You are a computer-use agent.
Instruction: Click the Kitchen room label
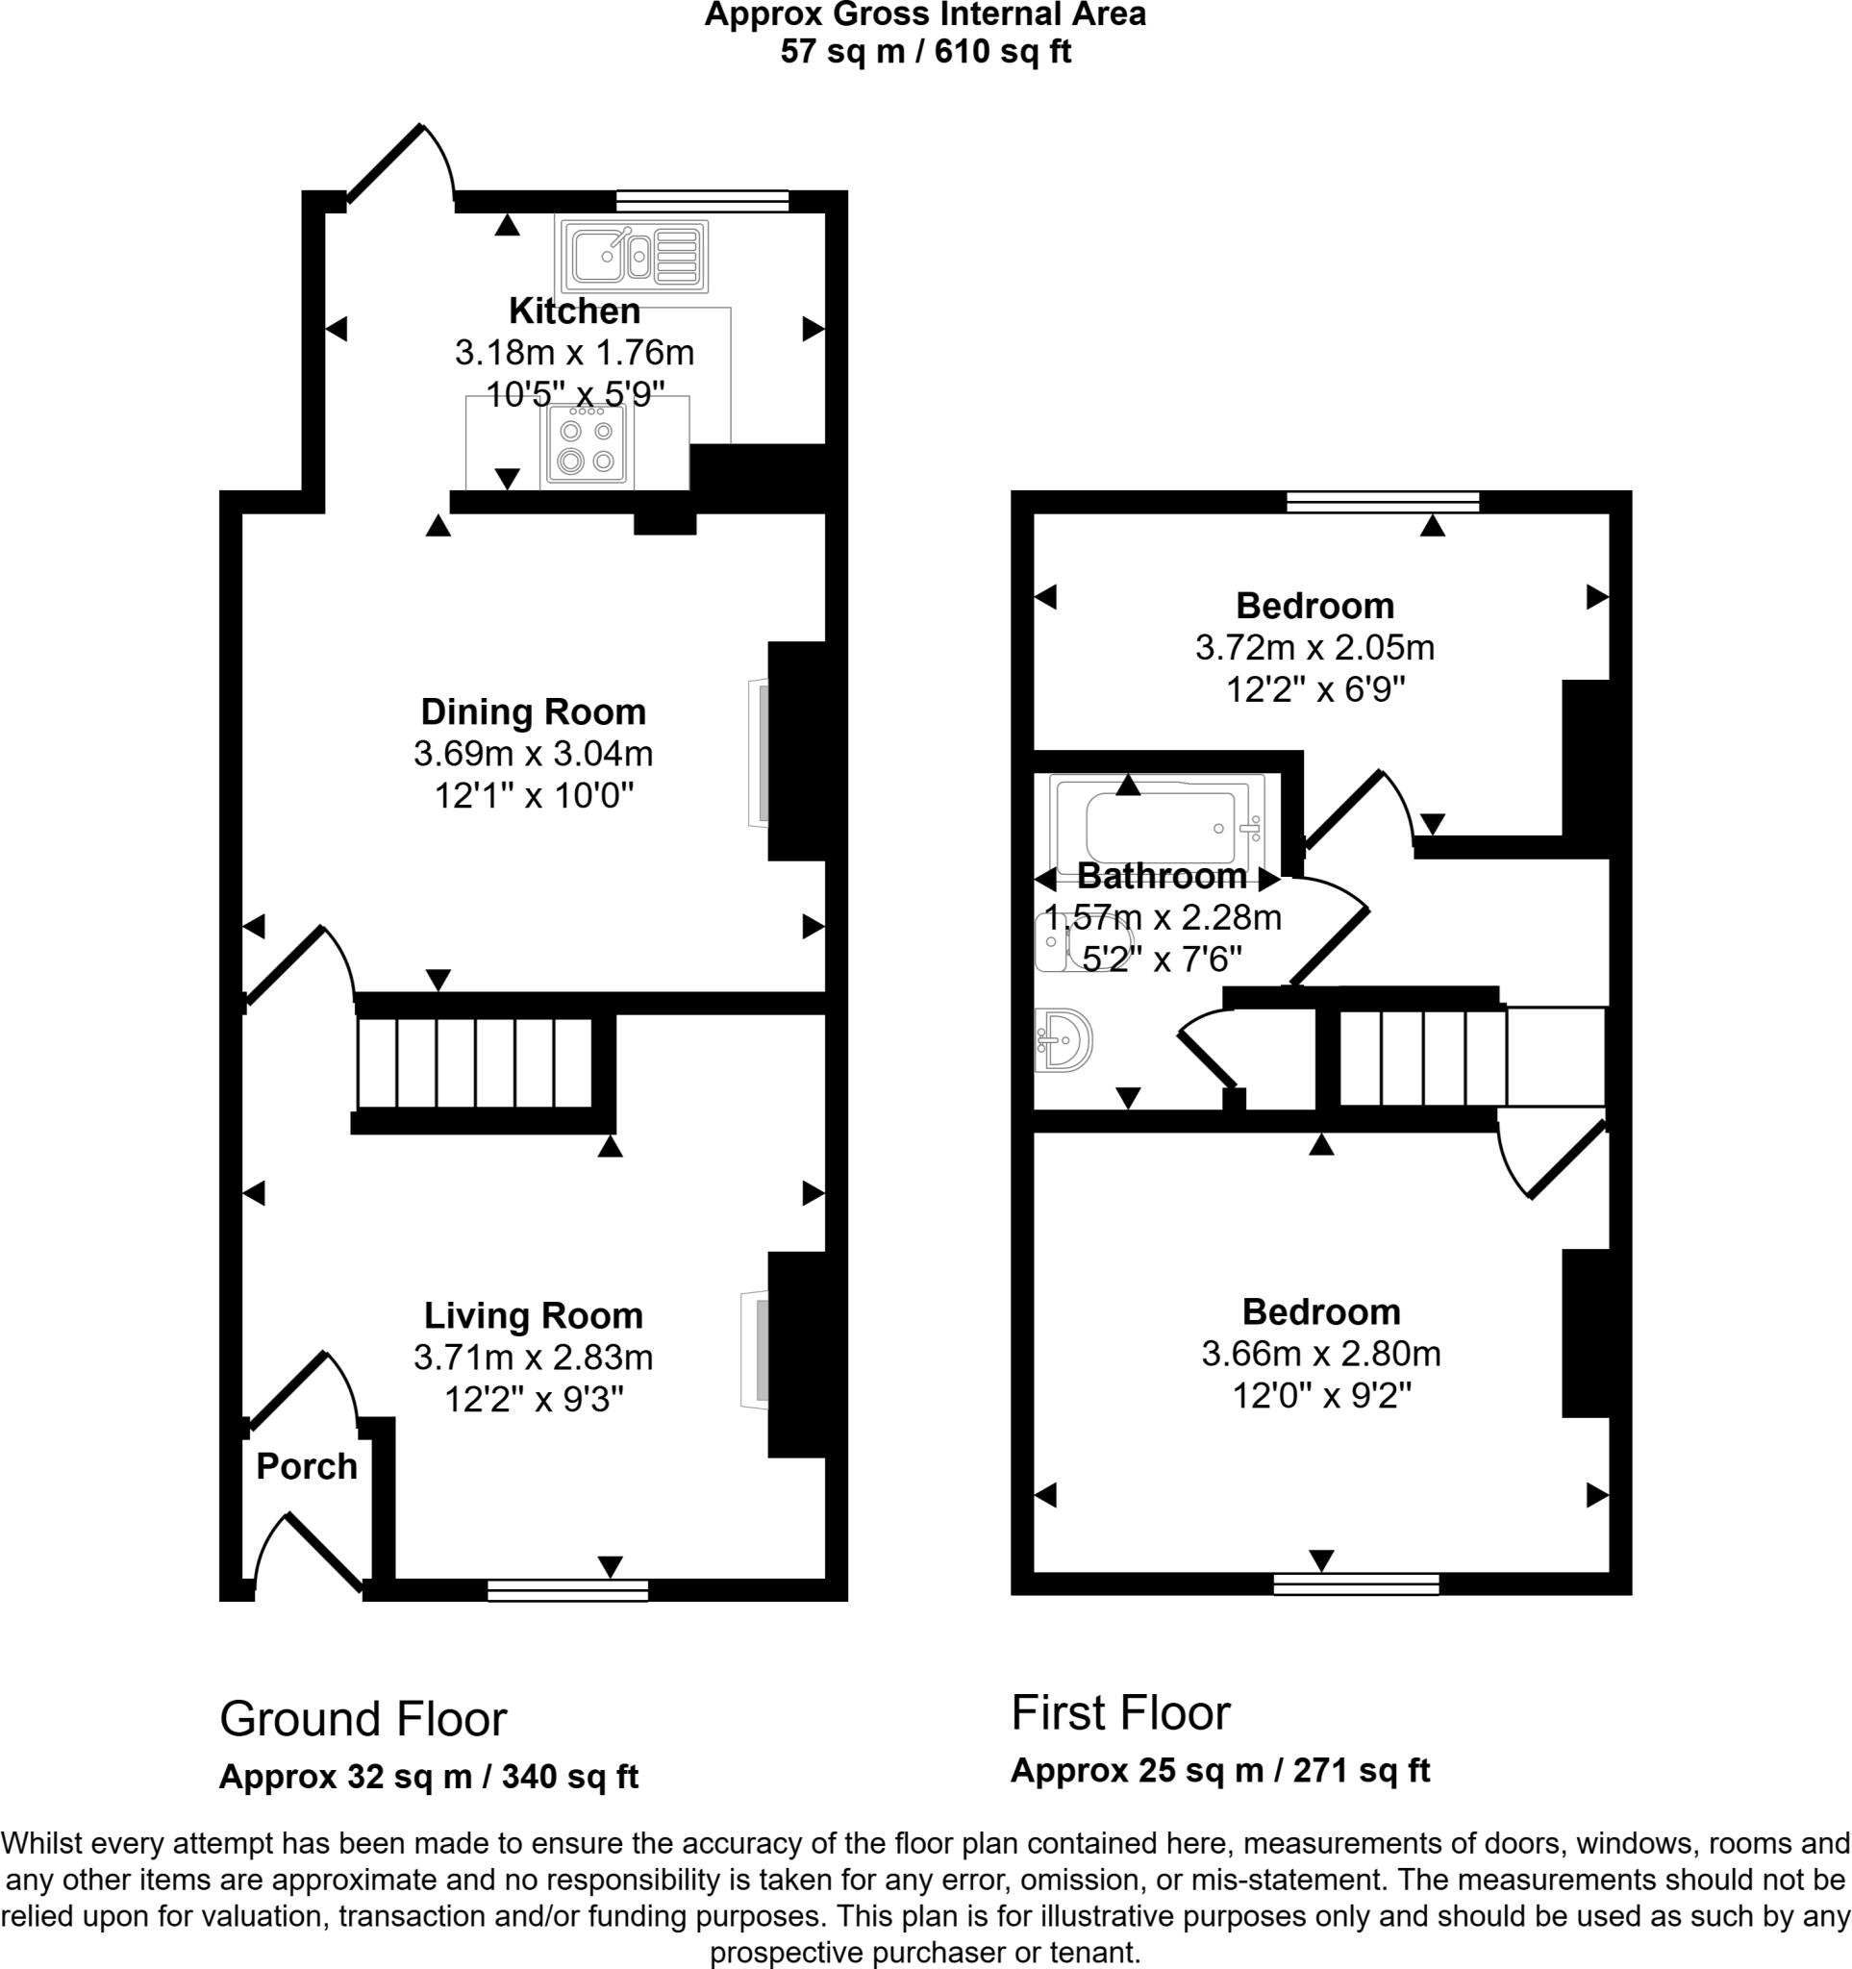pos(574,311)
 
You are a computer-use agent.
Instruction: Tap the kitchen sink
pos(634,257)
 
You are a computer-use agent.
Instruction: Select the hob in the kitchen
pos(585,446)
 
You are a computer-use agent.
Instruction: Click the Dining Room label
pos(533,711)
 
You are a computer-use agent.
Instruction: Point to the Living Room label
pos(534,1315)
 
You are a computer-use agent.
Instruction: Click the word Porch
pos(307,1466)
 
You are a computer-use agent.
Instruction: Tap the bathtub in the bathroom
pos(1157,826)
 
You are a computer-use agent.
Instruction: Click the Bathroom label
pos(1162,876)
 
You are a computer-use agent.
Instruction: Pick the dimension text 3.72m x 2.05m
pos(1315,648)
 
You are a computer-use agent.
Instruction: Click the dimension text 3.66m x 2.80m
pos(1321,1354)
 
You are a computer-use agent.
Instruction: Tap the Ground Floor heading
pos(363,1719)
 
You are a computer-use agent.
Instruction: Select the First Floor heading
pos(1121,1712)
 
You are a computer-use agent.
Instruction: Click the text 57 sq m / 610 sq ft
pos(926,51)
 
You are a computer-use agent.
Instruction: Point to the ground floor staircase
pos(474,1062)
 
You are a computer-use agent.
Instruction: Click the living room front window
pos(567,1590)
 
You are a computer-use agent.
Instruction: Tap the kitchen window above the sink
pos(702,201)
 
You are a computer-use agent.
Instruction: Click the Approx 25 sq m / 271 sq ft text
pos(1220,1770)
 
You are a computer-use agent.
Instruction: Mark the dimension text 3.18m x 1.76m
pos(574,353)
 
